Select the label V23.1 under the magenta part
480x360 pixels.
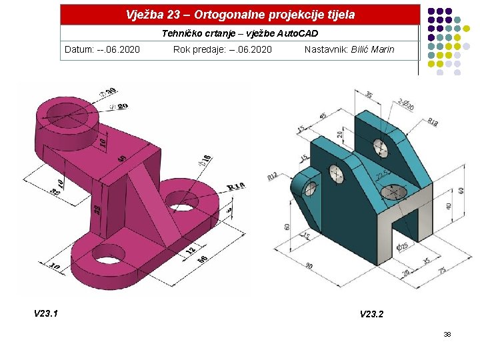(46, 313)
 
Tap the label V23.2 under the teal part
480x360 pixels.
(372, 314)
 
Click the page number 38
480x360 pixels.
(447, 334)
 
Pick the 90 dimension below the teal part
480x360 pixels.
(309, 266)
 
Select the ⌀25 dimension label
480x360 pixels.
(402, 247)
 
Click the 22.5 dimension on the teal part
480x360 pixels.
(381, 175)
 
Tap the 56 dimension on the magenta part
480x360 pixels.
(202, 259)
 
